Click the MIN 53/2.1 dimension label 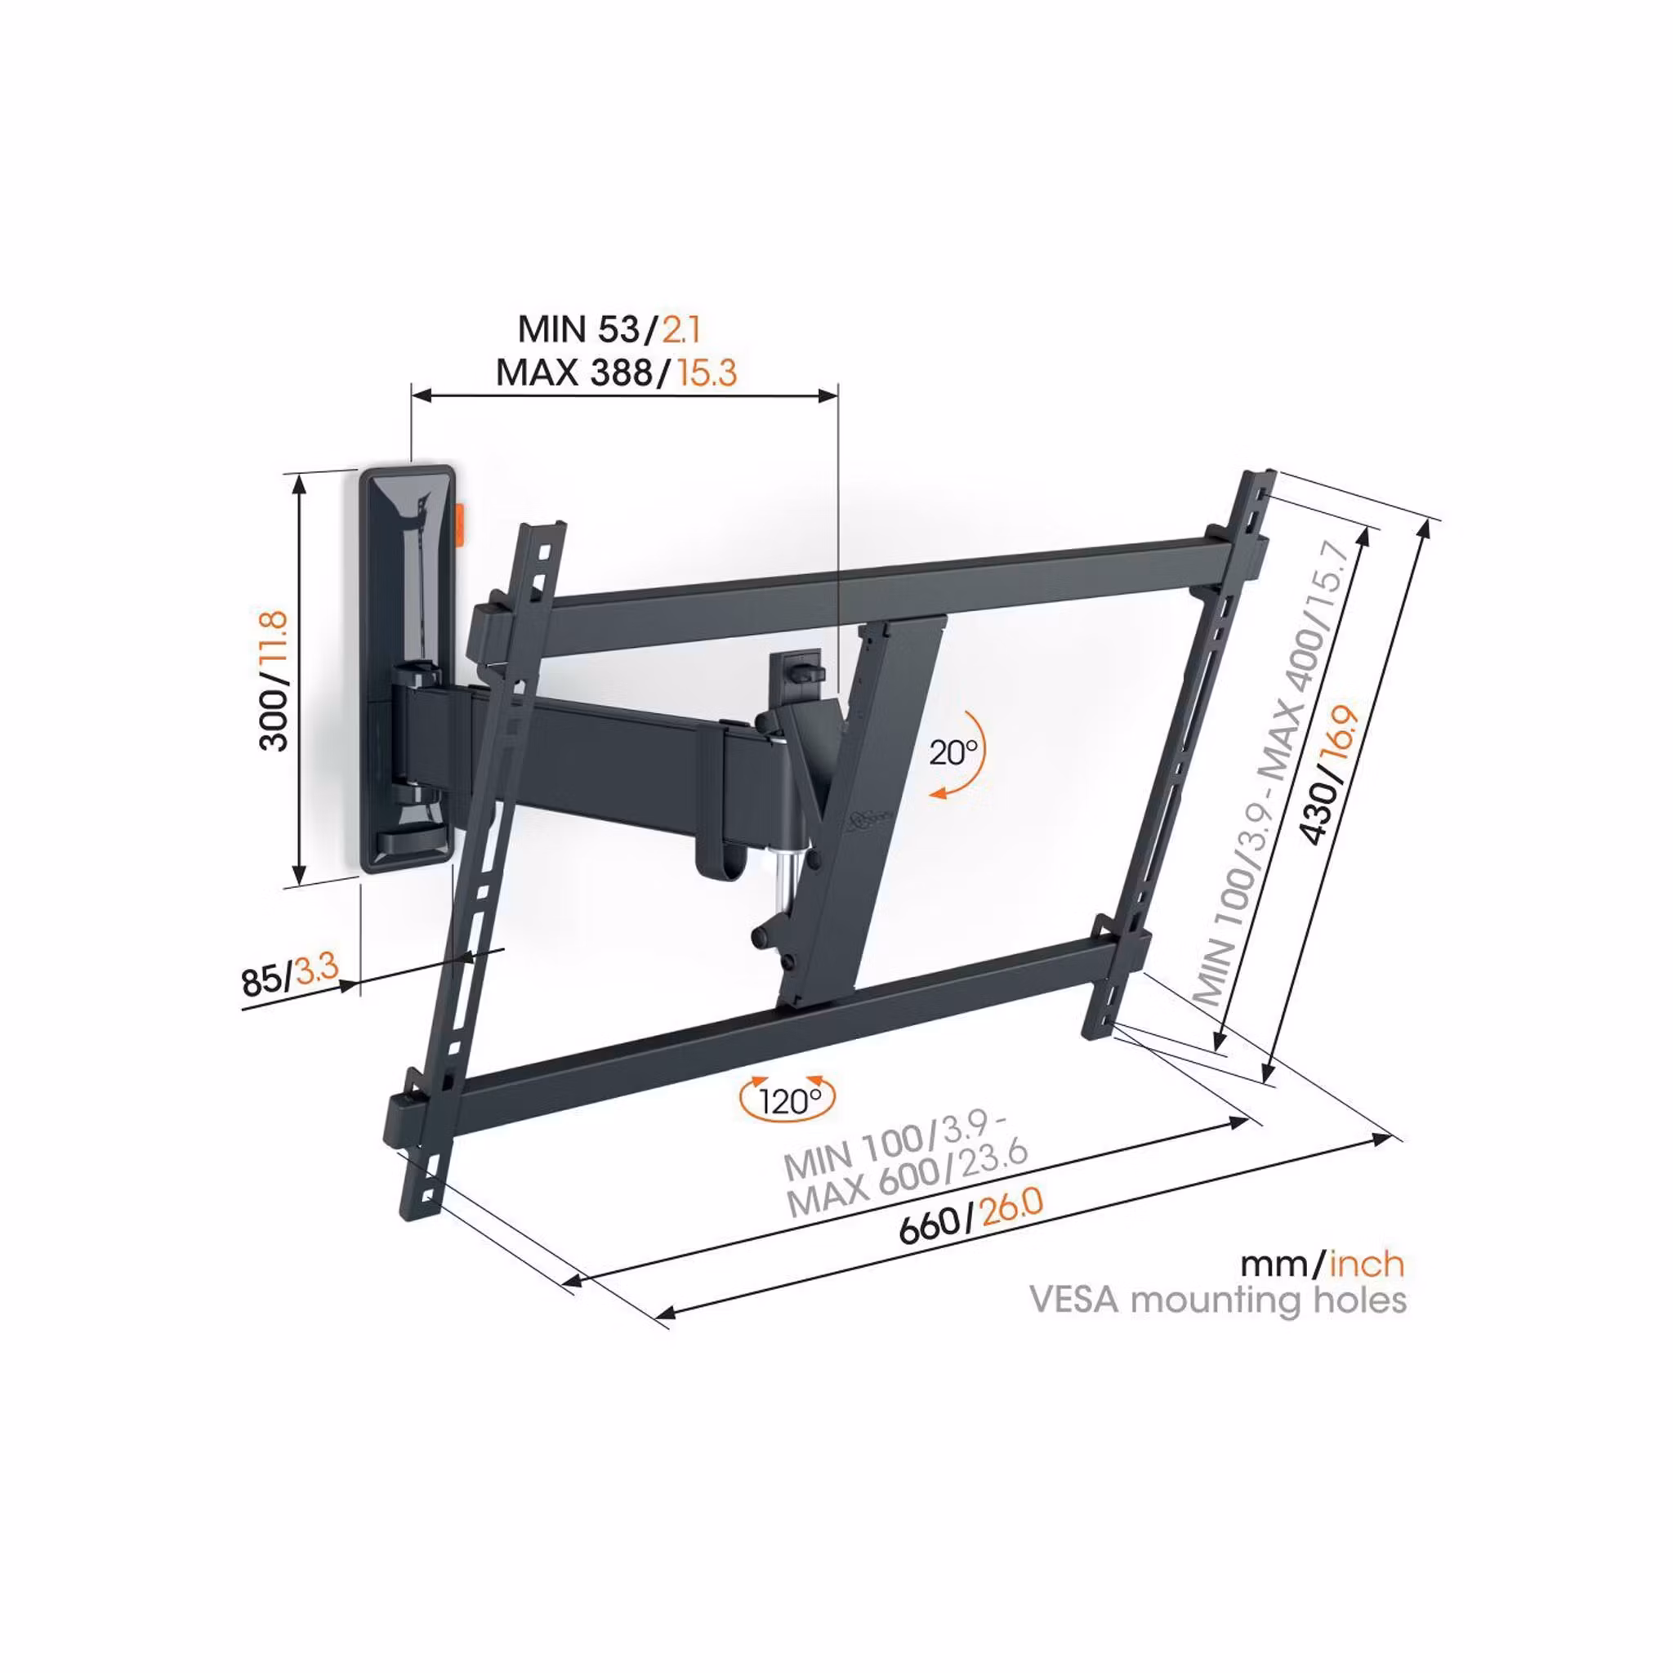pyautogui.click(x=609, y=329)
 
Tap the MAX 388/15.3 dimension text pyautogui.click(x=617, y=373)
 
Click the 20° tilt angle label pyautogui.click(x=953, y=752)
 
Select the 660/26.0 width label pyautogui.click(x=971, y=1214)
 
